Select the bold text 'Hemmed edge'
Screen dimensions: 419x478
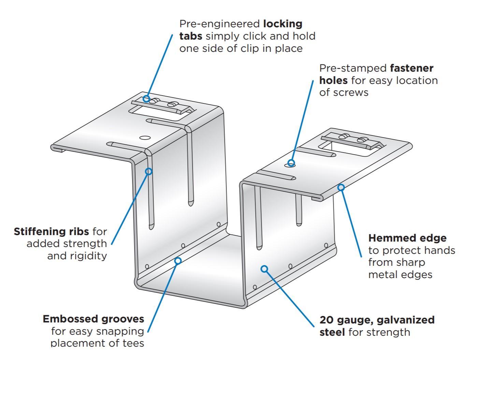tap(407, 238)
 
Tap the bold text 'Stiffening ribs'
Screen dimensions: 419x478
tap(51, 232)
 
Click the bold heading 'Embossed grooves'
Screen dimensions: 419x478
tap(93, 319)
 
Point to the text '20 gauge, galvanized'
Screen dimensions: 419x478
tap(377, 320)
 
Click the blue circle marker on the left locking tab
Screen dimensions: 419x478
tap(146, 99)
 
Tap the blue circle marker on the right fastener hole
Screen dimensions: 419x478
tap(291, 163)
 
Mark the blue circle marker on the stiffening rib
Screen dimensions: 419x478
tap(149, 171)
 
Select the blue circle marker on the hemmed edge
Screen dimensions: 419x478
tap(341, 187)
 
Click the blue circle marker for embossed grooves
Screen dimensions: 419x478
tap(178, 261)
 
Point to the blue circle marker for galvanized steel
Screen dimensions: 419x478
tap(264, 269)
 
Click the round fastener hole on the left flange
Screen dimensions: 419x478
tap(145, 138)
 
